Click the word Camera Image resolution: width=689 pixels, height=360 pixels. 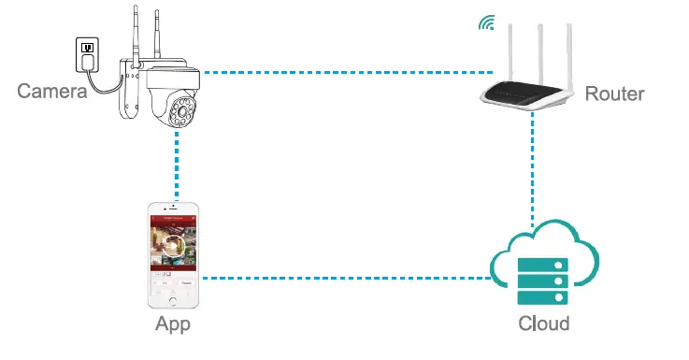coord(52,91)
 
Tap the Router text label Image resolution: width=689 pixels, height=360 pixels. coord(614,94)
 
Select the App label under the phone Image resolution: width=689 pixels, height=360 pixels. coord(173,324)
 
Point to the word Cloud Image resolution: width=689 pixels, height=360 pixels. coord(543,324)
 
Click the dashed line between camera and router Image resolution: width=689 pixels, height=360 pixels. coord(346,72)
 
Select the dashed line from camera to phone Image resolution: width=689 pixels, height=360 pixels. coord(174,168)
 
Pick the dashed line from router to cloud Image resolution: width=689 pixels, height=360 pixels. coord(532,168)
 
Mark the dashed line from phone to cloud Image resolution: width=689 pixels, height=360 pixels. coord(346,278)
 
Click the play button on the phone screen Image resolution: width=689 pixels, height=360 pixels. coord(174,246)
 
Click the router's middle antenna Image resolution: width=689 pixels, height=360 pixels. coord(539,42)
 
